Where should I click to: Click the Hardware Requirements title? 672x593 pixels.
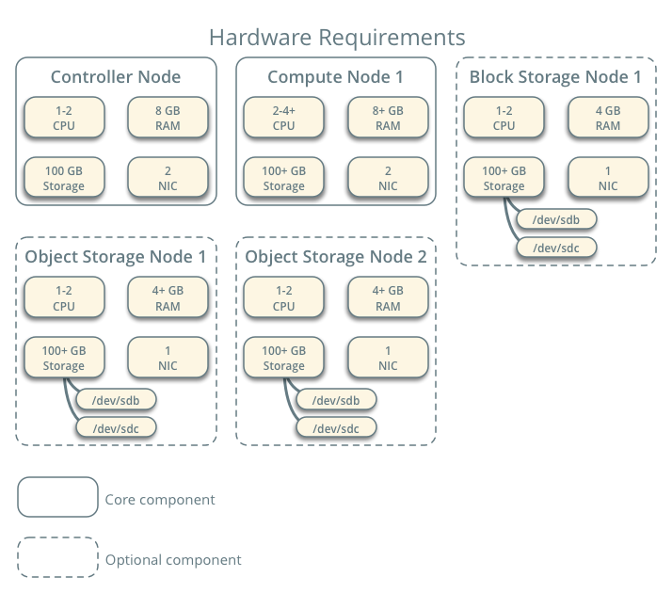(x=336, y=37)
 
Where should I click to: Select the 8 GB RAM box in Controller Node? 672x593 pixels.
(x=168, y=117)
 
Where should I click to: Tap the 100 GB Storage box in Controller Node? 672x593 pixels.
(x=64, y=177)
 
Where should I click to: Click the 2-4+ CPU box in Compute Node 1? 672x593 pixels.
(x=284, y=117)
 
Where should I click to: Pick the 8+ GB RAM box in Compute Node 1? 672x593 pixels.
(x=388, y=117)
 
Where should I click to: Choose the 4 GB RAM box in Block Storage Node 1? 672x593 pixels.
(x=608, y=117)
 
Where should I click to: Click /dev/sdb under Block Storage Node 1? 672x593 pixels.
(x=556, y=220)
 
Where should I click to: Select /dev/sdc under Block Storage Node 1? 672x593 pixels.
(x=556, y=248)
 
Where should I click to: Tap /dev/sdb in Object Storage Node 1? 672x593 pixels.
(x=116, y=399)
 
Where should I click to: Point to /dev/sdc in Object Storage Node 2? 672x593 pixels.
(x=336, y=427)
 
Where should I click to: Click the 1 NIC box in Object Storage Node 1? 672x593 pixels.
(x=168, y=357)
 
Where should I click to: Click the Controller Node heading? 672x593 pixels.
(x=116, y=77)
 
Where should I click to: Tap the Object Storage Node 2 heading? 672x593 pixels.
(x=336, y=256)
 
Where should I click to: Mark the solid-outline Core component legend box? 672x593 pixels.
(x=57, y=497)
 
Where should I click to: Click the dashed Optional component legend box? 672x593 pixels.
(x=57, y=557)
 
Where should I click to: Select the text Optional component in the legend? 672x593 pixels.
(x=173, y=559)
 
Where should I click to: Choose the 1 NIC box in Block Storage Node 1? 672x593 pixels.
(x=608, y=177)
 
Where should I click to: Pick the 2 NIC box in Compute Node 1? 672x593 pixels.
(x=388, y=177)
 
